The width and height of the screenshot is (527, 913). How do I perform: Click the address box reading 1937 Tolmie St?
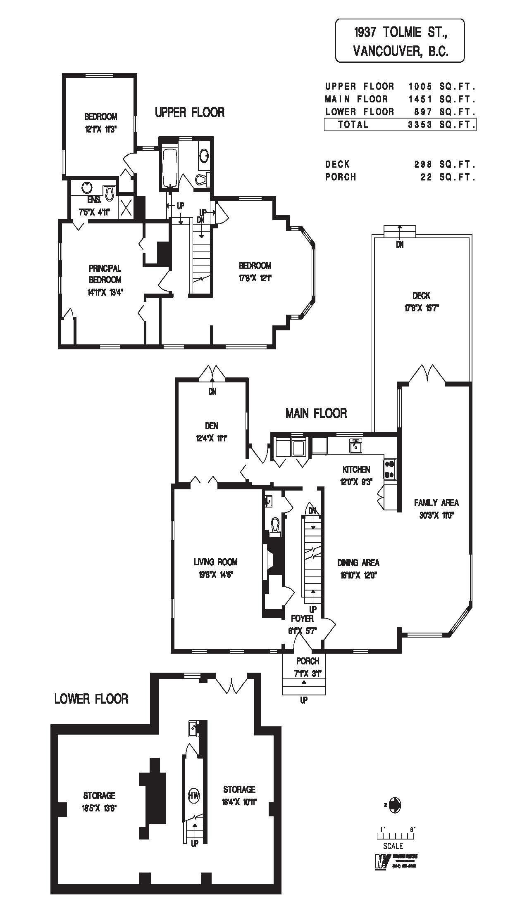(399, 40)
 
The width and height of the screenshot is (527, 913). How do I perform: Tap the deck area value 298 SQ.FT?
(445, 164)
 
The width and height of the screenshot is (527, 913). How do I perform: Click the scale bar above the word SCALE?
(396, 835)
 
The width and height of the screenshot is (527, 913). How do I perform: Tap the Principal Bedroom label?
(105, 274)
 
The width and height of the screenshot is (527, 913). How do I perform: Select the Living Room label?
(216, 562)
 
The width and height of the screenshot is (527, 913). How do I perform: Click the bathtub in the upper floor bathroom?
(169, 168)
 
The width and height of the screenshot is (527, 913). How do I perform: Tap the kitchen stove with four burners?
(390, 470)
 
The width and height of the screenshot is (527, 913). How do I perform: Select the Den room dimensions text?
(212, 438)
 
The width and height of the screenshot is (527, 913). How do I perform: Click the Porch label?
(307, 661)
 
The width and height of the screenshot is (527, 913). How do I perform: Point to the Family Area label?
(436, 503)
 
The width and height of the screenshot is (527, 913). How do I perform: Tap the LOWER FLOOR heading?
(91, 699)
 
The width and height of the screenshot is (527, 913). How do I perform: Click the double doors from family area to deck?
(427, 374)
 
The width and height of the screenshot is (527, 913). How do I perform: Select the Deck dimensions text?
(421, 308)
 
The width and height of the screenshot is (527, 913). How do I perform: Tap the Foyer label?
(302, 619)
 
